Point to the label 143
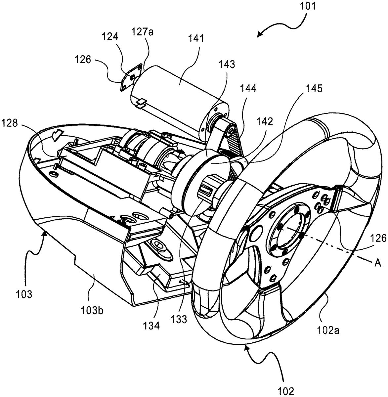pyautogui.click(x=227, y=65)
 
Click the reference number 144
pyautogui.click(x=248, y=89)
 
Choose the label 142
pyautogui.click(x=265, y=122)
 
